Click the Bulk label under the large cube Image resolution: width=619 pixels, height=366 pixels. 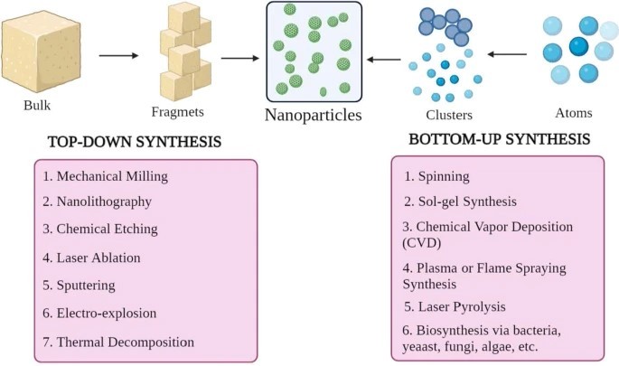tap(37, 106)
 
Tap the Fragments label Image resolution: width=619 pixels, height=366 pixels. tap(178, 112)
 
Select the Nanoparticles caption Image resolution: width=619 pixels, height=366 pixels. tap(313, 115)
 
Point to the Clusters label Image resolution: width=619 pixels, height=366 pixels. tap(449, 115)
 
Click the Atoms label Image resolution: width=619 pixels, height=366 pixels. tap(574, 113)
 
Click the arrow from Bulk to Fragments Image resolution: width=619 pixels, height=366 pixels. tap(118, 56)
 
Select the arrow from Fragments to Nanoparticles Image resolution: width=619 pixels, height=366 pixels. tap(240, 59)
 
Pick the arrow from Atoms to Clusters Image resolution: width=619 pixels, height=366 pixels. tap(507, 54)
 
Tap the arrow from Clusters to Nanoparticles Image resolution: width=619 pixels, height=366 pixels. tap(383, 60)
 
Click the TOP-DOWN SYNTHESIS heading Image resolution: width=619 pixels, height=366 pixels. tap(135, 142)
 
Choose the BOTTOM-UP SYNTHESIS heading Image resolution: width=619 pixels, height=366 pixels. tap(500, 139)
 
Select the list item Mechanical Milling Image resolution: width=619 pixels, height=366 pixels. tap(106, 176)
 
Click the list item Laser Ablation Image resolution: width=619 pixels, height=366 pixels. tap(91, 258)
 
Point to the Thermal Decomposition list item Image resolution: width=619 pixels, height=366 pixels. tap(118, 342)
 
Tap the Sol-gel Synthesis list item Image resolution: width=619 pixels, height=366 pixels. tap(460, 202)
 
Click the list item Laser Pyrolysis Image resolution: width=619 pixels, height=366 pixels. tap(455, 306)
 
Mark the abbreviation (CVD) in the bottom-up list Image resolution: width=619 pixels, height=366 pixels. tap(422, 242)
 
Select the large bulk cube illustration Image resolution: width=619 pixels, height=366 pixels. tap(41, 52)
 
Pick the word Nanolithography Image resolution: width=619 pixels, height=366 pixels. tap(104, 202)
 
